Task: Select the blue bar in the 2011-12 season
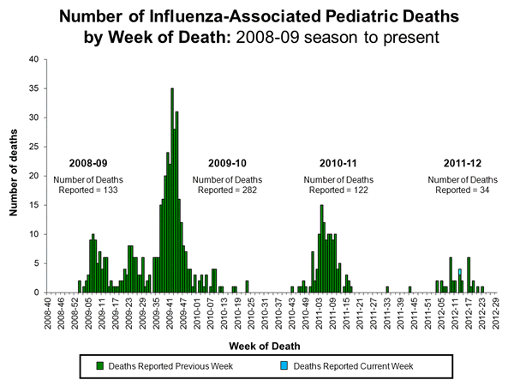coord(460,272)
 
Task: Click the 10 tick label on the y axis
coord(33,234)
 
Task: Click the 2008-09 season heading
coord(89,163)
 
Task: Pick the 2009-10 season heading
coord(227,163)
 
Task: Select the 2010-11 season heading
coord(340,163)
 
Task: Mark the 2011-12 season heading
coord(462,163)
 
